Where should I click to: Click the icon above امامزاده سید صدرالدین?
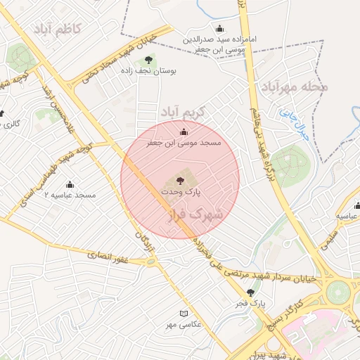[219, 29]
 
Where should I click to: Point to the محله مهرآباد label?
[295, 87]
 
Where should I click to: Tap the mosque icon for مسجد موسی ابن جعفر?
[184, 131]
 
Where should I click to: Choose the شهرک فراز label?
[193, 214]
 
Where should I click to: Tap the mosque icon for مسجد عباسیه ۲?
[70, 184]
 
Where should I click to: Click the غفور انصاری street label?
[106, 256]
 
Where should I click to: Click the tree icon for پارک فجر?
[250, 292]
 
